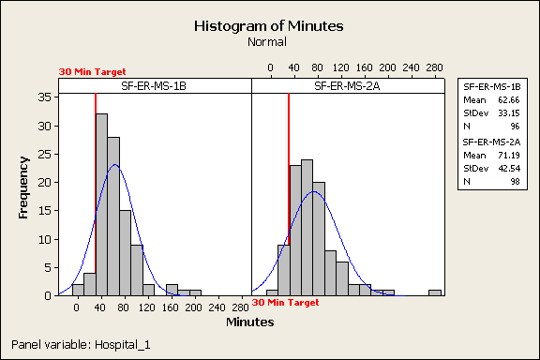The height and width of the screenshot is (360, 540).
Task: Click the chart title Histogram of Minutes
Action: pos(269,26)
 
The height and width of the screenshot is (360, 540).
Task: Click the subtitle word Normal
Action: pos(269,42)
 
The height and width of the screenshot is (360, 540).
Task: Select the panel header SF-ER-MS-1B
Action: pos(155,86)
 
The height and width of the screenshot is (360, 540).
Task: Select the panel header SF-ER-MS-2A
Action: pos(347,86)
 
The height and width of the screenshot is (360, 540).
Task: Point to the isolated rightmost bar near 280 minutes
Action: pos(435,292)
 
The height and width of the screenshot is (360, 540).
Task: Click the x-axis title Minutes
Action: pos(249,322)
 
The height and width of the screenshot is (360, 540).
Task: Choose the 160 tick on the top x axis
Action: pos(364,67)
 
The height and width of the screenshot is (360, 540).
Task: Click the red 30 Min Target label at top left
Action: pos(92,70)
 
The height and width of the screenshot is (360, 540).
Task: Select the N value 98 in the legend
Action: pos(506,182)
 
